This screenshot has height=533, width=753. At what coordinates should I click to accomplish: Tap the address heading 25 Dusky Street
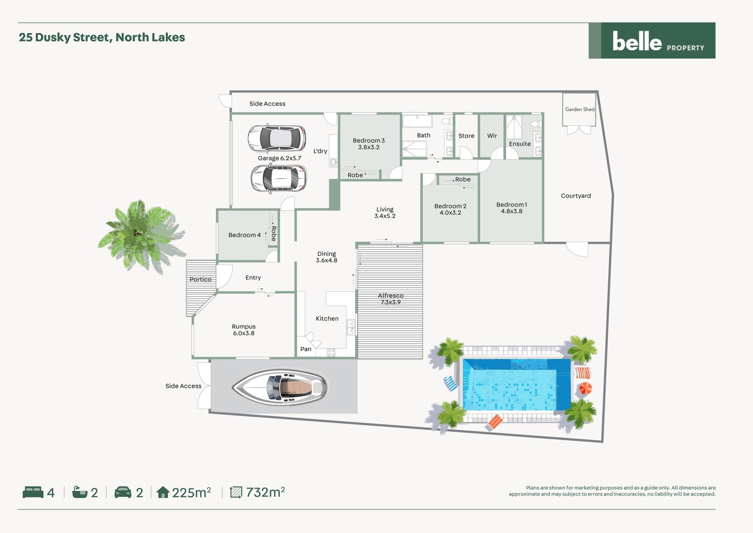pyautogui.click(x=102, y=38)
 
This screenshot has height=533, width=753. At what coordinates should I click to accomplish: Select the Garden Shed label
pyautogui.click(x=580, y=110)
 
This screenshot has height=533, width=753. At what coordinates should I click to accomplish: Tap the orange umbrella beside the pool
pyautogui.click(x=584, y=388)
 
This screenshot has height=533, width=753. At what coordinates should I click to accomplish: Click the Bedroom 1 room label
pyautogui.click(x=512, y=208)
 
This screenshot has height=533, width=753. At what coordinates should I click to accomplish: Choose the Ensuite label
pyautogui.click(x=520, y=144)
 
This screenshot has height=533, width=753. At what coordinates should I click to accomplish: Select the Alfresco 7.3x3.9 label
pyautogui.click(x=390, y=299)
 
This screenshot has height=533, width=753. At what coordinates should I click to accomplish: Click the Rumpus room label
pyautogui.click(x=243, y=330)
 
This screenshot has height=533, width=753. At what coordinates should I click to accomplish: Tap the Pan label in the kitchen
pyautogui.click(x=306, y=349)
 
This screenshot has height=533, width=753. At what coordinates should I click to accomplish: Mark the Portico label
pyautogui.click(x=201, y=279)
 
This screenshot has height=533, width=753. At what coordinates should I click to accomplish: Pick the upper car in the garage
pyautogui.click(x=277, y=138)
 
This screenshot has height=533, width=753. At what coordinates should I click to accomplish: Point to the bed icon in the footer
pyautogui.click(x=33, y=492)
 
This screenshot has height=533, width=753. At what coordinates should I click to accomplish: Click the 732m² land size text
pyautogui.click(x=265, y=492)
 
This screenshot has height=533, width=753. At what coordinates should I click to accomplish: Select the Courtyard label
pyautogui.click(x=576, y=196)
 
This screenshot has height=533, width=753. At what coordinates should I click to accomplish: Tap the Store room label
pyautogui.click(x=466, y=136)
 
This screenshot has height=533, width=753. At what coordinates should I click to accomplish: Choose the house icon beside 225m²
pyautogui.click(x=163, y=492)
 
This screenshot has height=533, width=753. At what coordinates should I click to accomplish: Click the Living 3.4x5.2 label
pyautogui.click(x=385, y=213)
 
